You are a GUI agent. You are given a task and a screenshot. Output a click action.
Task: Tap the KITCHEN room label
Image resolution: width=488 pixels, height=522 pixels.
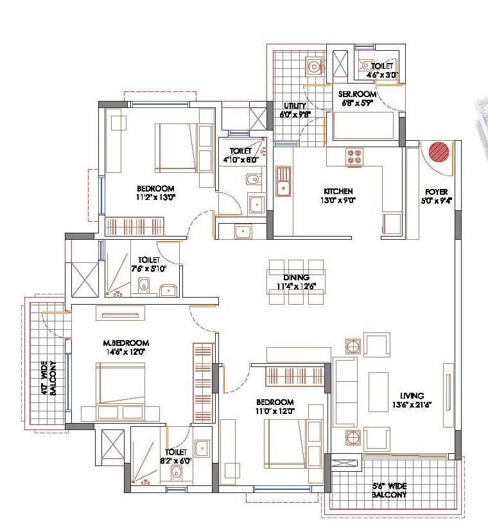coord(338,191)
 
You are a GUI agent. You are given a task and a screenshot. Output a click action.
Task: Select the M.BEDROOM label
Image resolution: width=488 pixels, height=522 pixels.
coord(126,343)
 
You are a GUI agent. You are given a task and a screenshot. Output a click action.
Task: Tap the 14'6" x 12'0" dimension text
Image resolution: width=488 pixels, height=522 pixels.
coord(126,352)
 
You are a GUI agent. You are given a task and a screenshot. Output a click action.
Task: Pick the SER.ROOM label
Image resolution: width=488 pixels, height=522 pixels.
coord(358,94)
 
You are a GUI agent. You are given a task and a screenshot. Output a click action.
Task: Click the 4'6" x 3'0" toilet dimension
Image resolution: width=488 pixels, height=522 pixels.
coord(383,75)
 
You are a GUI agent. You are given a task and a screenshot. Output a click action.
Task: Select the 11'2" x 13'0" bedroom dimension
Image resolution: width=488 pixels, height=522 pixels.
coord(155,197)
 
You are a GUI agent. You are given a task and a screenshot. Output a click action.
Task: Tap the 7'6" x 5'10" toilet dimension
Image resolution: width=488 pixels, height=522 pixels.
coord(152,269)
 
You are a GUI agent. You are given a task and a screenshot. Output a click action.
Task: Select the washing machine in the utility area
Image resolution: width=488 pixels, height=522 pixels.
coord(315,66)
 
